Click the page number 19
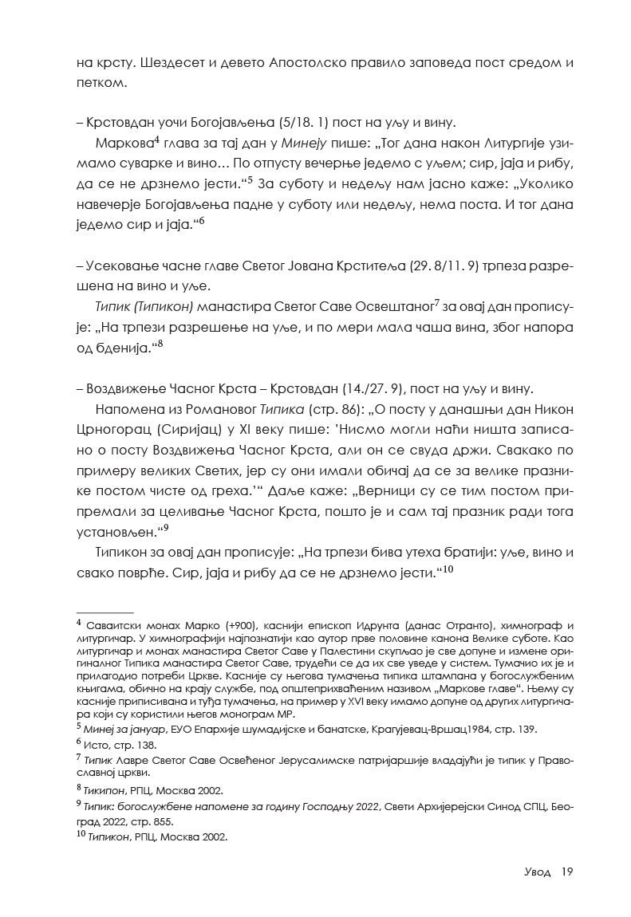click(x=566, y=872)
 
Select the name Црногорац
click(x=112, y=430)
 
